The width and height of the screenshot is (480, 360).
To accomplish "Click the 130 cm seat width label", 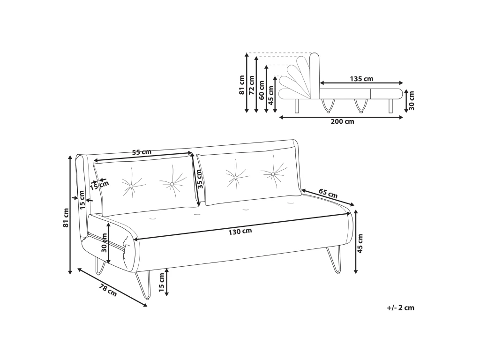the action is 240,231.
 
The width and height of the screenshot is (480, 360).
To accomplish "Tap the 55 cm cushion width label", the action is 142,152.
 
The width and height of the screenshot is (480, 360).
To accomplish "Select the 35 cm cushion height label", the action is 199,180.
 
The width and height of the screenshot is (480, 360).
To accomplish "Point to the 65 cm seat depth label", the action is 328,193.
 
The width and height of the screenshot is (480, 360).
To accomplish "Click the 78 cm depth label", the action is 108,290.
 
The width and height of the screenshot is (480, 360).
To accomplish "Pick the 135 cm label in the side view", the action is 361,79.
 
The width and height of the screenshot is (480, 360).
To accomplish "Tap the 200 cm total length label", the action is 342,121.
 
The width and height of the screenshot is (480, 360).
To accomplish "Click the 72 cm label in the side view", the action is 251,85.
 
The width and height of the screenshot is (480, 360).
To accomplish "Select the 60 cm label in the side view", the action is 262,90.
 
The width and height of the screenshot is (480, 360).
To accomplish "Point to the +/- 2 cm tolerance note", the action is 400,307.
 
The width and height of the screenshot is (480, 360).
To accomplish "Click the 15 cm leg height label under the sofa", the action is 162,282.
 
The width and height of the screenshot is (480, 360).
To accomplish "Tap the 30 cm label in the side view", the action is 412,100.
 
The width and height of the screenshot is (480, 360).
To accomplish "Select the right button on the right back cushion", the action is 273,174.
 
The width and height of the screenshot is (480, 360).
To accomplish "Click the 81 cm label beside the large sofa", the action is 66,217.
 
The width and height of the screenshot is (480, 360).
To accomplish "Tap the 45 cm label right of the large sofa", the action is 360,243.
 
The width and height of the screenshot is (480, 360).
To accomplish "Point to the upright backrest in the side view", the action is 315,75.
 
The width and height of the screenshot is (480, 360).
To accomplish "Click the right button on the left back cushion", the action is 172,184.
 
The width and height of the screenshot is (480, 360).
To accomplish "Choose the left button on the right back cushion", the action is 235,177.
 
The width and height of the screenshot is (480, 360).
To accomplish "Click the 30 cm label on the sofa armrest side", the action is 105,242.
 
